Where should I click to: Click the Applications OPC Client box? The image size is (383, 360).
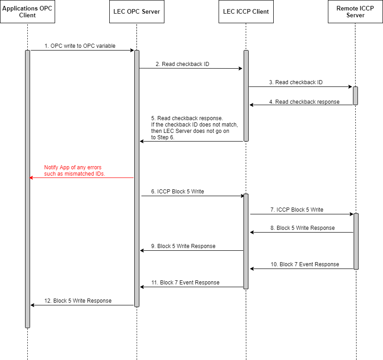[27, 12]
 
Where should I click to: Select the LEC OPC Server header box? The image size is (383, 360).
[137, 12]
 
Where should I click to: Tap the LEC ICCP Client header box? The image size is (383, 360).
[246, 12]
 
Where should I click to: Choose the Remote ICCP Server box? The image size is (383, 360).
[356, 12]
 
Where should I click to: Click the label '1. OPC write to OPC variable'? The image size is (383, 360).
[80, 46]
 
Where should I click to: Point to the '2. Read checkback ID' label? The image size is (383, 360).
[182, 64]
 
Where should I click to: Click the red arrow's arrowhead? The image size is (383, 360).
[31, 177]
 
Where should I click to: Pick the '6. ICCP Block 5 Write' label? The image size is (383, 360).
[180, 192]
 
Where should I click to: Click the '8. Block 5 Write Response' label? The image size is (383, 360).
[306, 228]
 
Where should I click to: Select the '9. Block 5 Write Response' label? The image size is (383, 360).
[186, 246]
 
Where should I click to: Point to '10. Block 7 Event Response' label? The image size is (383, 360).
[305, 264]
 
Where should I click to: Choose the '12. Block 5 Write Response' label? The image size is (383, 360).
[77, 301]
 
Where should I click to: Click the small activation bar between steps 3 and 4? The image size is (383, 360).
[355, 96]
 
